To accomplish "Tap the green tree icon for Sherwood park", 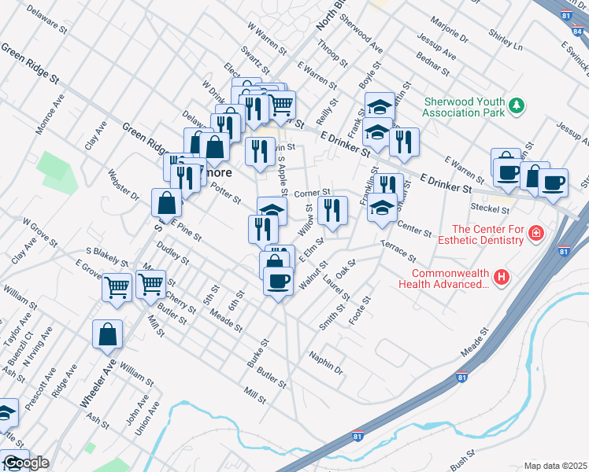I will pyautogui.click(x=517, y=105).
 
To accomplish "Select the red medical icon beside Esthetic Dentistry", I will pyautogui.click(x=535, y=233).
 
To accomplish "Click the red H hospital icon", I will pyautogui.click(x=501, y=276).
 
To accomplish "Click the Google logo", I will pyautogui.click(x=25, y=463).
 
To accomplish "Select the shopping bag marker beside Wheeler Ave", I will pyautogui.click(x=107, y=335).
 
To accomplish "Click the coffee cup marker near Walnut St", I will pyautogui.click(x=277, y=281).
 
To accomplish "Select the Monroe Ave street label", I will pyautogui.click(x=55, y=112).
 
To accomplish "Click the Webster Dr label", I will pyautogui.click(x=124, y=185).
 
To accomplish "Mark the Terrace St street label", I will pyautogui.click(x=397, y=252).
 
